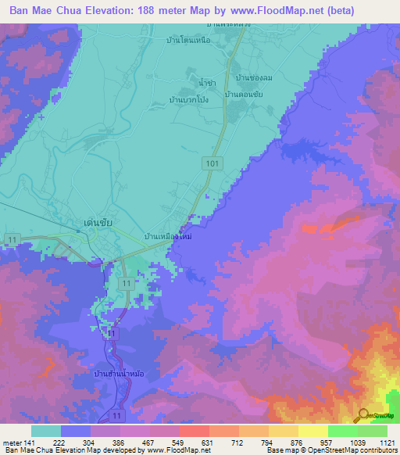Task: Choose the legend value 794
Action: (x=254, y=443)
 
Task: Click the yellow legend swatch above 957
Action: (x=312, y=431)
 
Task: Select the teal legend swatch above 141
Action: (x=46, y=431)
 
